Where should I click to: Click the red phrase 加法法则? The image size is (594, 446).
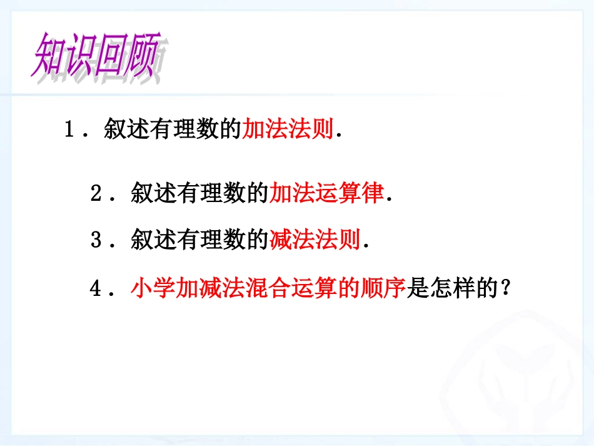coord(287,130)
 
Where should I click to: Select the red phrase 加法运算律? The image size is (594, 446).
coord(326,194)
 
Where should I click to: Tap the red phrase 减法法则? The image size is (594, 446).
coord(315,240)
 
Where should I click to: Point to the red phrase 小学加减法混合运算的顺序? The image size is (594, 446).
coord(268,288)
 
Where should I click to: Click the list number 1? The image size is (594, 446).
coord(69,131)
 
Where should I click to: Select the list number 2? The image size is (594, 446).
coord(96,195)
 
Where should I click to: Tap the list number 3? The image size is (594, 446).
coord(96,241)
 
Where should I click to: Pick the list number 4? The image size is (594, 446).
coord(96,289)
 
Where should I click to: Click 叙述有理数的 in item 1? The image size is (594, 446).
coord(173,130)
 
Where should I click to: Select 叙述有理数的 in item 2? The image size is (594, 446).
coord(199,194)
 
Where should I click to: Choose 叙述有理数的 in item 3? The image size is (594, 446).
coord(199,240)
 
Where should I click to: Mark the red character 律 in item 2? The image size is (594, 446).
coord(373,194)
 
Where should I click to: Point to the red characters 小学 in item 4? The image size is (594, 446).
coord(153,288)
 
